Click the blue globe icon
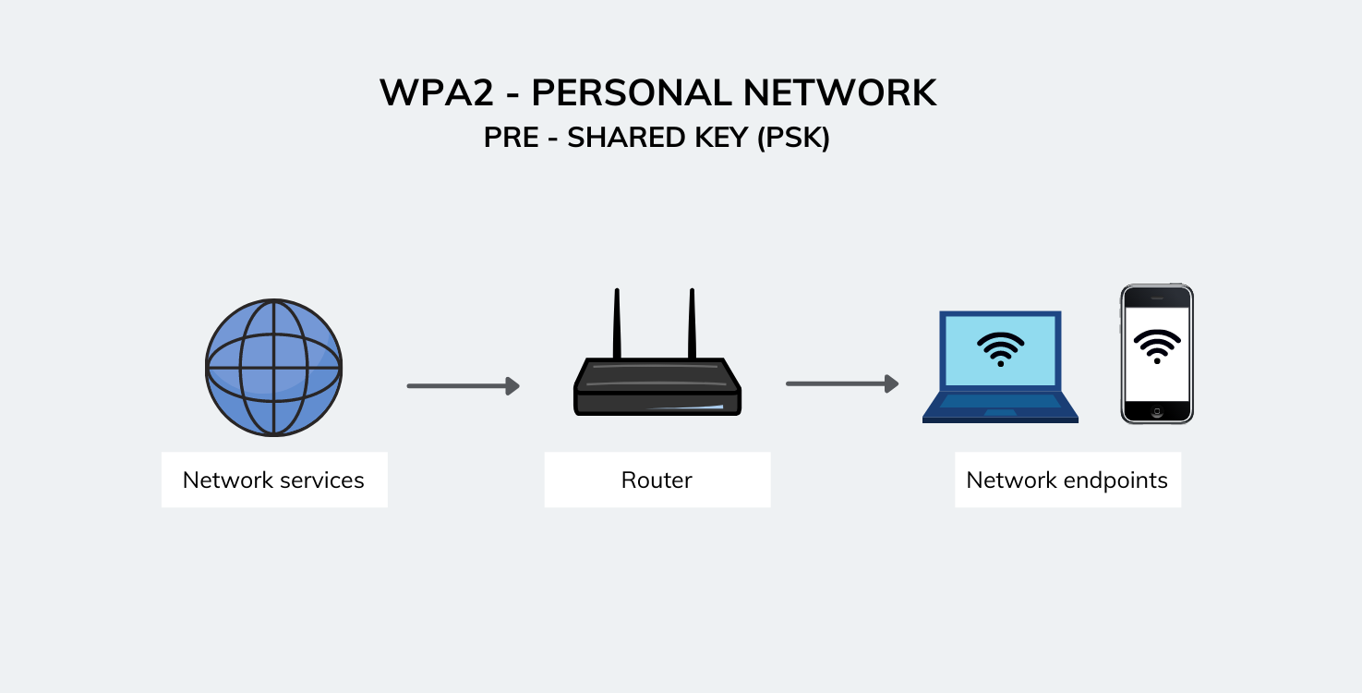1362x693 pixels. (x=274, y=367)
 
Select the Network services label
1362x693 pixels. (x=274, y=480)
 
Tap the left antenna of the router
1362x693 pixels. (x=617, y=323)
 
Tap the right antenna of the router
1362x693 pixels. (x=691, y=323)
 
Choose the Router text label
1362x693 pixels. (x=657, y=480)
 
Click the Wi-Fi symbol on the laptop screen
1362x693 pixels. (x=1001, y=349)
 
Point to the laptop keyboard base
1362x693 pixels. (x=1001, y=407)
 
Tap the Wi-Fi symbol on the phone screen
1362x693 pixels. (x=1157, y=346)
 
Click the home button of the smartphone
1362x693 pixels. (x=1157, y=411)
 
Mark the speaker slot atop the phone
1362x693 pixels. (x=1157, y=298)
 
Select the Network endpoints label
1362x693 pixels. (x=1067, y=480)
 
